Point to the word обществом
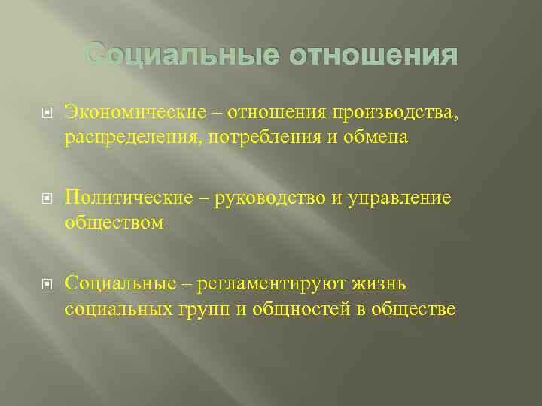pos(114,223)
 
